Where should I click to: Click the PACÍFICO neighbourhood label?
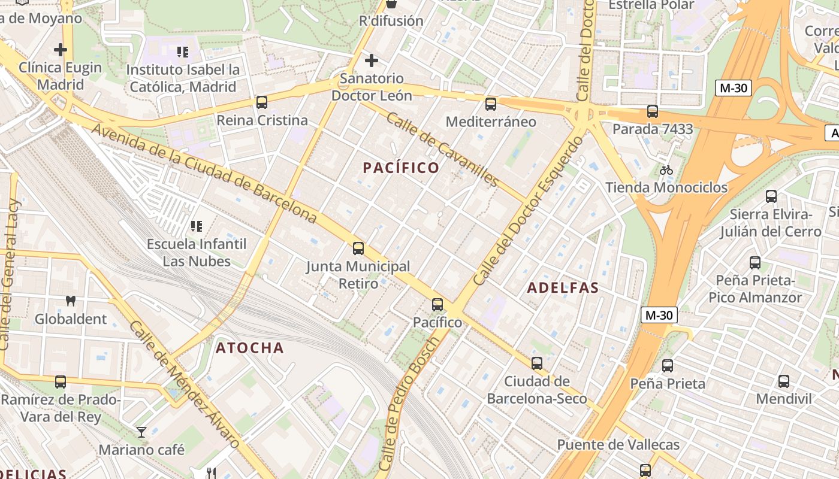click(x=402, y=168)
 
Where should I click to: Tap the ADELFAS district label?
click(x=563, y=288)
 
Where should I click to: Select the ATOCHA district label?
click(x=249, y=348)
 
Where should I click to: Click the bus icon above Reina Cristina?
click(x=262, y=102)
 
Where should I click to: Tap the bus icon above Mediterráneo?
click(x=491, y=104)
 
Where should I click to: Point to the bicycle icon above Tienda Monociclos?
click(x=666, y=170)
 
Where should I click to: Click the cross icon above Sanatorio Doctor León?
click(x=372, y=60)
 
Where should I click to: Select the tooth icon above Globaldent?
click(x=71, y=301)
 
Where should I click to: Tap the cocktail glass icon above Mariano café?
click(x=141, y=432)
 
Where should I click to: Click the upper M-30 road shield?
click(x=734, y=88)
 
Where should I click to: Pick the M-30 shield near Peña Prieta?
click(x=659, y=315)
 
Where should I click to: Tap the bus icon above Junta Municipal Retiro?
click(x=358, y=248)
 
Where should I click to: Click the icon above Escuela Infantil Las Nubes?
click(x=196, y=226)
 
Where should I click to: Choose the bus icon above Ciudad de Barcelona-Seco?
click(x=537, y=363)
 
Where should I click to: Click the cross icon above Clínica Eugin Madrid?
click(x=61, y=50)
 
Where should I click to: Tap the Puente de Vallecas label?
click(x=618, y=445)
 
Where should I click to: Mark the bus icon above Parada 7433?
click(x=653, y=111)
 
